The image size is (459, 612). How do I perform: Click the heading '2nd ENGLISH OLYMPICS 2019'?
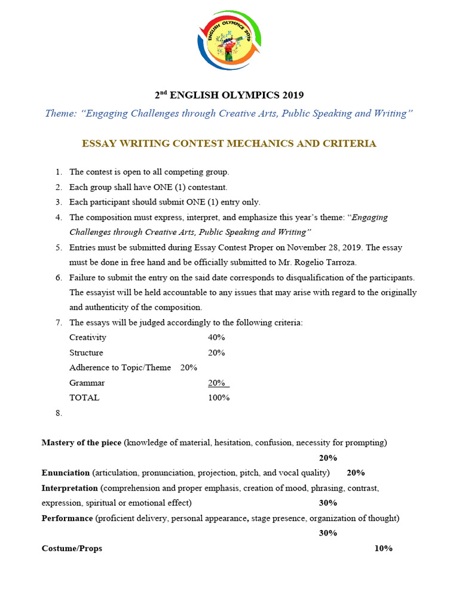(x=229, y=95)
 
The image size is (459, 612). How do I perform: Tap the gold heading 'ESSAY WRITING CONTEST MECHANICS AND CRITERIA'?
(x=229, y=143)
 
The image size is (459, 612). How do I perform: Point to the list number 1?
(x=59, y=172)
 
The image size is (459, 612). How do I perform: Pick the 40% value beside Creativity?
(x=216, y=338)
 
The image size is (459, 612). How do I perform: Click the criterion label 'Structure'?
(x=86, y=353)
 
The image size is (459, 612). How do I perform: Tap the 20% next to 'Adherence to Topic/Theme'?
(x=189, y=368)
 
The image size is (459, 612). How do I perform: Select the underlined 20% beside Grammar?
(x=217, y=382)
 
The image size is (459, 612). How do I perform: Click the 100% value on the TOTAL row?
(x=219, y=397)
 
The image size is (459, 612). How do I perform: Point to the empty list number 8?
(x=59, y=413)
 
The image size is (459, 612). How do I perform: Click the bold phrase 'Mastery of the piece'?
(x=81, y=443)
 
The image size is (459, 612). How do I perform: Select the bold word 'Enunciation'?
(x=65, y=473)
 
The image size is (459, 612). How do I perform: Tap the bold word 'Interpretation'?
(x=69, y=488)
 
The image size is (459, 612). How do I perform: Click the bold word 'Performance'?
(x=66, y=518)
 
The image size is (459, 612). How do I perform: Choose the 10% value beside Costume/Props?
(x=383, y=548)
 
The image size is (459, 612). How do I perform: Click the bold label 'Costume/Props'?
(x=72, y=548)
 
